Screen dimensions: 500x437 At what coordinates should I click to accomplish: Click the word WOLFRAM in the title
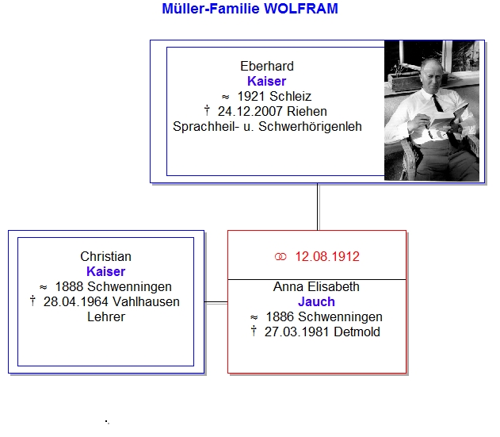coord(300,9)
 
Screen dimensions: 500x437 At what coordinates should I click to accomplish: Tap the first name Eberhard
coord(267,66)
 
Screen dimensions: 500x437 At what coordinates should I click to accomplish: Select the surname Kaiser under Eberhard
coord(266,81)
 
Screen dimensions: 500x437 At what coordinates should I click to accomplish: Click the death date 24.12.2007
coord(250,111)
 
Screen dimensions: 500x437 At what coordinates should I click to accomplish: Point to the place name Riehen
coord(307,111)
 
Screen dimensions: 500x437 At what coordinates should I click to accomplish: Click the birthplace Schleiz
coord(290,96)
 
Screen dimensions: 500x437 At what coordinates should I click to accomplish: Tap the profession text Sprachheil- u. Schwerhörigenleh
coord(267,127)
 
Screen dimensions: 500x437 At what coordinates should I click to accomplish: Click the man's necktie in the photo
coord(437,103)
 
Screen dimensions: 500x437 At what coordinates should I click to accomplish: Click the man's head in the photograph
coord(432,74)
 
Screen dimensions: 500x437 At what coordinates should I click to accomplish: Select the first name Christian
coord(105,256)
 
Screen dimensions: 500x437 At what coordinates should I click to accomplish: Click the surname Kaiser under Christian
coord(105,271)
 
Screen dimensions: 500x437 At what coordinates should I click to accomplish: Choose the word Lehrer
coord(106,316)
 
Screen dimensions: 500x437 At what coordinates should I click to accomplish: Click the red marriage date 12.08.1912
coord(327,256)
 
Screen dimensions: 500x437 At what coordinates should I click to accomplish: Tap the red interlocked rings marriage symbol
coord(281,257)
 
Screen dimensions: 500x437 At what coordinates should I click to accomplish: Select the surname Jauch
coord(316,301)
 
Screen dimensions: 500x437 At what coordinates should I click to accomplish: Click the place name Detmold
coord(357,332)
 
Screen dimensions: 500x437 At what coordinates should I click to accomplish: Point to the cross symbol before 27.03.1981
coord(254,331)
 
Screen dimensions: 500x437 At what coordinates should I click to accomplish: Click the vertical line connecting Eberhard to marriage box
coord(318,206)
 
